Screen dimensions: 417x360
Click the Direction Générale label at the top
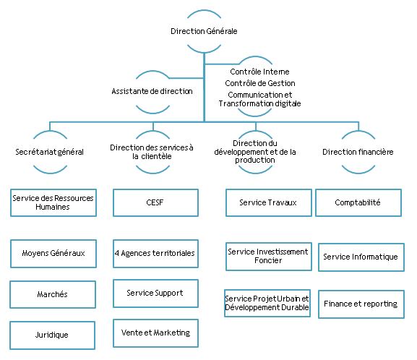(204, 31)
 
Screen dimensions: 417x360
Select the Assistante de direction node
(152, 91)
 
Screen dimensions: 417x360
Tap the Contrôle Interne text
(259, 72)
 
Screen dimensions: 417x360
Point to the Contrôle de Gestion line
(260, 83)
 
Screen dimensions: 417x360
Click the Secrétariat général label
(49, 152)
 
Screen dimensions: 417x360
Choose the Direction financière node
(358, 152)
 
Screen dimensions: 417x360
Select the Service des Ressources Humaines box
(53, 202)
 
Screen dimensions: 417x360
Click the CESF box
(155, 202)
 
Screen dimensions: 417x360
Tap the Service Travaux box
(269, 202)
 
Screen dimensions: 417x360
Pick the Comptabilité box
(358, 202)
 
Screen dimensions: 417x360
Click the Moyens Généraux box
(53, 254)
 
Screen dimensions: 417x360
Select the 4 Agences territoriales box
(155, 254)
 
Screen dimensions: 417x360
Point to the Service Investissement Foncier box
(269, 257)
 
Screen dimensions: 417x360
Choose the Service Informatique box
(361, 257)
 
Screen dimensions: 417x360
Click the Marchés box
(53, 294)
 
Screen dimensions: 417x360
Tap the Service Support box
(155, 293)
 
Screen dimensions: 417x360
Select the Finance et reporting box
(361, 304)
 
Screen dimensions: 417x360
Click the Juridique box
(52, 335)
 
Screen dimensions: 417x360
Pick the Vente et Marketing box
(155, 333)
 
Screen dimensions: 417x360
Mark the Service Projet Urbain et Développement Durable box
(267, 303)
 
